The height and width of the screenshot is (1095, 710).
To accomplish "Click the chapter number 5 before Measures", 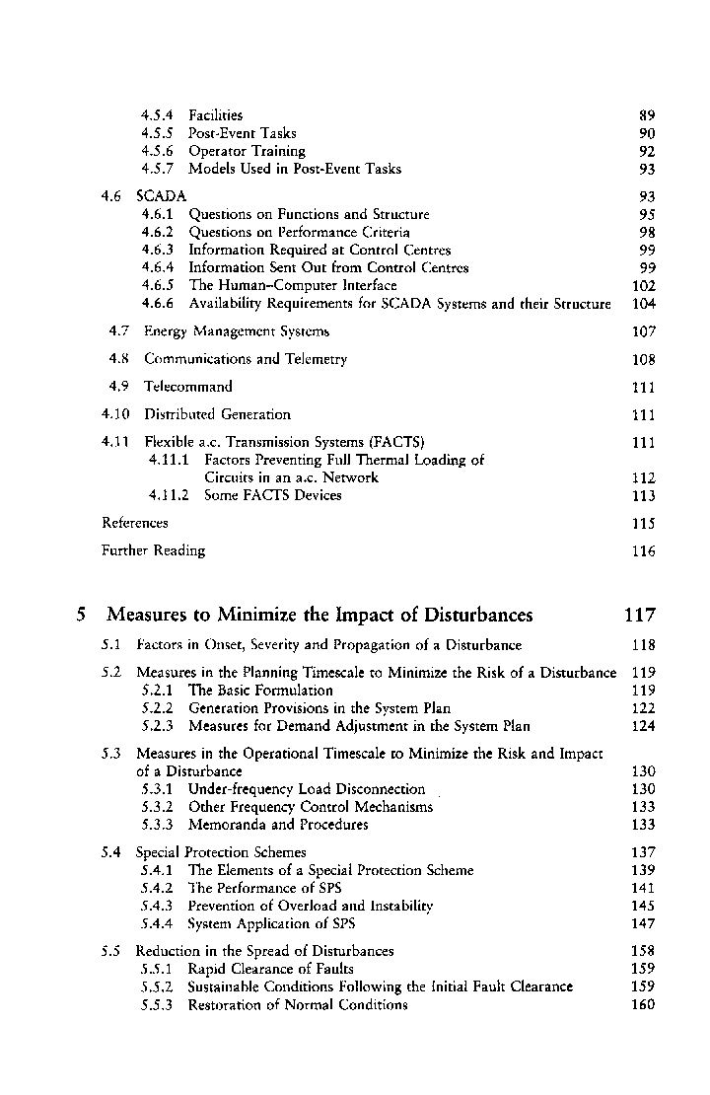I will (83, 616).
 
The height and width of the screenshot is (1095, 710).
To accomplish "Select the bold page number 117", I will (639, 616).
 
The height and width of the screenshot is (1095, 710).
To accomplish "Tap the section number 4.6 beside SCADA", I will (114, 196).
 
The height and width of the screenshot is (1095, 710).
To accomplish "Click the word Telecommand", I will (188, 387).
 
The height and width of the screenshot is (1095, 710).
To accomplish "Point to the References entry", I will (135, 523).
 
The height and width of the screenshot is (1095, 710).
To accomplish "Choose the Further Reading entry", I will (154, 550).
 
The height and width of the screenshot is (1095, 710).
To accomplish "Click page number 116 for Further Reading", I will (643, 551).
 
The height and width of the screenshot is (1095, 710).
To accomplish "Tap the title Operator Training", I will (247, 151).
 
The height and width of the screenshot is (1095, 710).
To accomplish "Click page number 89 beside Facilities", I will (647, 115).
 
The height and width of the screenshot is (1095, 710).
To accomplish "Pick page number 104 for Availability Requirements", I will (643, 304).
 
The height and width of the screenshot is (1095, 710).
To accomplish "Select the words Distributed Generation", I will (217, 414).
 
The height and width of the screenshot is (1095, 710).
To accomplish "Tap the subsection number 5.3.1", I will (158, 789).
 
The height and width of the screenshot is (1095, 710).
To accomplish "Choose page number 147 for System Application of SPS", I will (643, 923).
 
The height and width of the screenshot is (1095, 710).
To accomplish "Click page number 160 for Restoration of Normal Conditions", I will (643, 1005).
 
